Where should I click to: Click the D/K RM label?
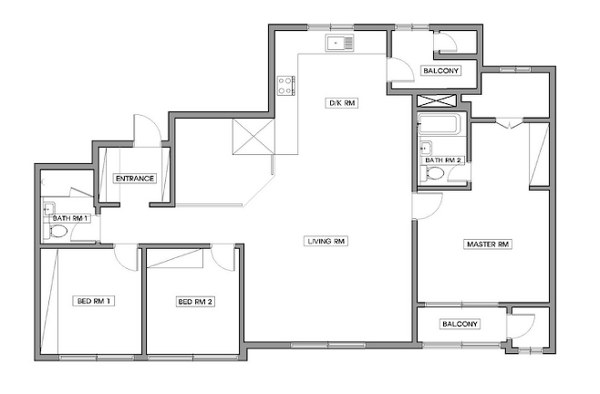tap(342, 103)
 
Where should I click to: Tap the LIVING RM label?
tap(326, 241)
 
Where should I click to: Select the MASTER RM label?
tap(488, 244)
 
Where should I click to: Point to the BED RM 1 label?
tap(94, 301)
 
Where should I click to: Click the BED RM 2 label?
tap(195, 302)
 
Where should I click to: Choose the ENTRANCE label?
tap(135, 179)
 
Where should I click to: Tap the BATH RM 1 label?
tap(71, 218)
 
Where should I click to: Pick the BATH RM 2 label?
tap(442, 160)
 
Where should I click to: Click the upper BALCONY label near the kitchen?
tap(440, 71)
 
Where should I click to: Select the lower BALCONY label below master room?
tap(460, 324)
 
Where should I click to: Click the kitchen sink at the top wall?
tap(340, 43)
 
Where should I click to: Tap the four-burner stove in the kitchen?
tap(286, 86)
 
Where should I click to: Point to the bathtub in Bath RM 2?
tap(439, 124)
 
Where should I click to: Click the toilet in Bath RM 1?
tap(57, 232)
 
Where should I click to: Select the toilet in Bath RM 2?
tap(432, 173)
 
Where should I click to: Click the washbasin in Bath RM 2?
tap(426, 147)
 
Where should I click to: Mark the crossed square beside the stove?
tap(253, 137)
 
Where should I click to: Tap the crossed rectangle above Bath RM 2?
tap(437, 101)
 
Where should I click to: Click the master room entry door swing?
tap(428, 206)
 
